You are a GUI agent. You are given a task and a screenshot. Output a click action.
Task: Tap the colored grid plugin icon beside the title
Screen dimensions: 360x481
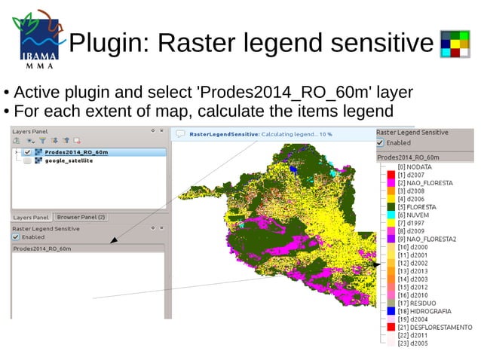[x=455, y=44]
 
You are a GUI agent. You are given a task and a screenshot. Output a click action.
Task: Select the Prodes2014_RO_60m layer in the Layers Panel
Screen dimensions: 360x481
[x=76, y=152]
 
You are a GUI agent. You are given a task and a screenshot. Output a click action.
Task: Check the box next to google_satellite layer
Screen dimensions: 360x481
[x=28, y=160]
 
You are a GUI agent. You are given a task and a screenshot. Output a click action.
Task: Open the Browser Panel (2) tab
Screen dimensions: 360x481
[x=81, y=217]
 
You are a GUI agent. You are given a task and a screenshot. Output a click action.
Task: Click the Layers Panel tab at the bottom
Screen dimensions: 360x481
[x=32, y=218]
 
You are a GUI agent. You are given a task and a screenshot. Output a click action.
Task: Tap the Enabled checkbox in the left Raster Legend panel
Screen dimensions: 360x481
[x=16, y=236]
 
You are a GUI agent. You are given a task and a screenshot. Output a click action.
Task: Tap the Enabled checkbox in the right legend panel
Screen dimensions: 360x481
[x=381, y=142]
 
